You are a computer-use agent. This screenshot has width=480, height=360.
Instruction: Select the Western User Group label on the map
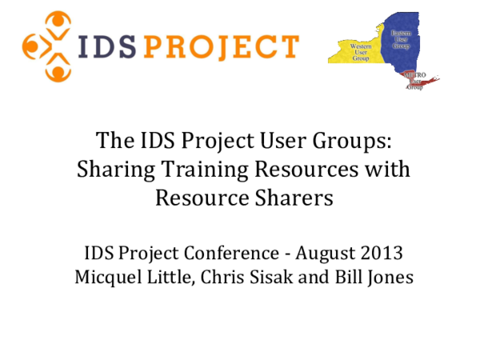[x=362, y=53]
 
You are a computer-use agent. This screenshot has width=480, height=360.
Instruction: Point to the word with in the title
[x=387, y=170]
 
